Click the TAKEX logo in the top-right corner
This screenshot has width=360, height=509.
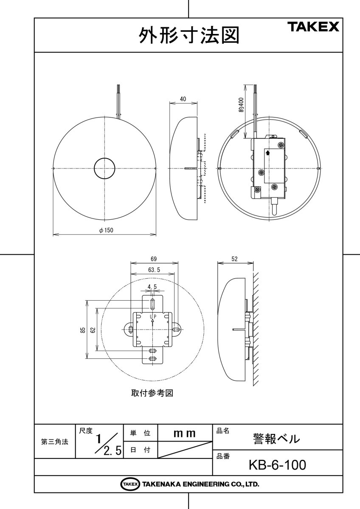point(314,27)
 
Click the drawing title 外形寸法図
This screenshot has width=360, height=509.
point(188,36)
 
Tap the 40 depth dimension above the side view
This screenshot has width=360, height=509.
point(183,99)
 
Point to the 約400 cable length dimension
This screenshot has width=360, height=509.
point(241,104)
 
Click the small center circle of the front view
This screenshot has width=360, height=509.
point(104,168)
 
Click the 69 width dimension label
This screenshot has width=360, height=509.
point(154,259)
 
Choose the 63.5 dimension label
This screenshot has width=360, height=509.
point(154,269)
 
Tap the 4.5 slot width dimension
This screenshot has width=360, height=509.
point(152,287)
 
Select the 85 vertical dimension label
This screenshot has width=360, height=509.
point(83,330)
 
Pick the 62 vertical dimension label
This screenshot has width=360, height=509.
point(93,330)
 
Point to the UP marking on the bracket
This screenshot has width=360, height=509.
point(152,316)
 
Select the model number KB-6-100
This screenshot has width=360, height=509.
point(277,465)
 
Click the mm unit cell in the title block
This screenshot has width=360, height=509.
point(185,433)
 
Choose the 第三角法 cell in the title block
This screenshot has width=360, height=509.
point(54,442)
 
